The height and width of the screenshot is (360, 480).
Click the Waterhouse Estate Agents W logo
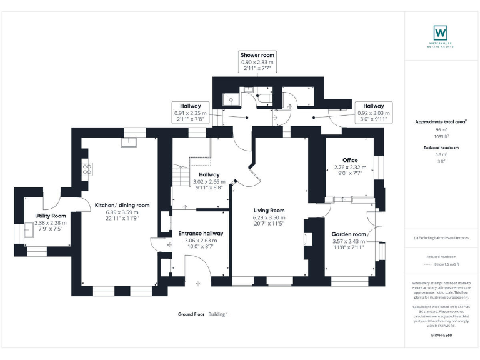(x=441, y=32)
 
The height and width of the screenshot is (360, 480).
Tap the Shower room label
(x=257, y=56)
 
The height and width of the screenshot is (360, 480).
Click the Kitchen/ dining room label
(x=122, y=205)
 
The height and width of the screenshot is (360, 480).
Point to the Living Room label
(x=269, y=211)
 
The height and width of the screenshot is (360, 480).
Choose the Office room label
(x=346, y=160)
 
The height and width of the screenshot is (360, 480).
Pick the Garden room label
(x=349, y=234)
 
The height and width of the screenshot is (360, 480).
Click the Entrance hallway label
(x=201, y=233)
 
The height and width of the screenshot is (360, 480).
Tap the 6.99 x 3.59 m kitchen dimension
(x=122, y=212)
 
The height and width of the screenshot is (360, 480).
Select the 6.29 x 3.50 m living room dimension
(x=269, y=217)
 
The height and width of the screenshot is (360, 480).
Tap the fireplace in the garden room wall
(x=307, y=237)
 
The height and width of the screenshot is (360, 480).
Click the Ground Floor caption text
(x=191, y=314)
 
